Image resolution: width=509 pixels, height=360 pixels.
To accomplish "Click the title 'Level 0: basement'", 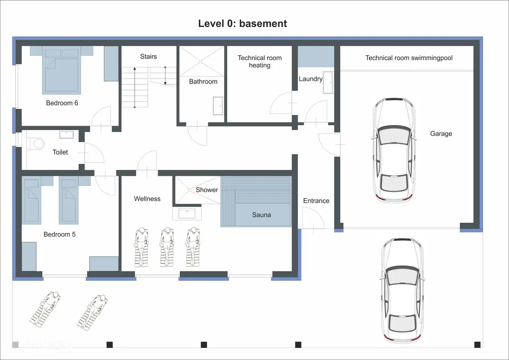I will tap(242, 24).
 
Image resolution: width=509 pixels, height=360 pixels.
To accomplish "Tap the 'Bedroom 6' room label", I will tap(62, 103).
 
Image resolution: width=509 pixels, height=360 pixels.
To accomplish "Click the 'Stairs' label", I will tap(149, 57).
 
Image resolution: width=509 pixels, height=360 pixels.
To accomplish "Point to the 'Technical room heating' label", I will tap(260, 61).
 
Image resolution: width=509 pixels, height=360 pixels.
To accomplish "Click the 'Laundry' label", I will tap(310, 79).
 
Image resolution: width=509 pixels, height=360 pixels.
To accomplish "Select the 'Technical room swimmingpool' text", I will tap(409, 58).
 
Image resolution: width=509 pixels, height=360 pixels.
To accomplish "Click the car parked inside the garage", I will tap(394, 150).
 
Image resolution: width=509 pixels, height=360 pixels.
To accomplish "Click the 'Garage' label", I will tap(441, 134).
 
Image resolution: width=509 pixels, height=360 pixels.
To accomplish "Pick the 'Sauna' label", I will tap(261, 215).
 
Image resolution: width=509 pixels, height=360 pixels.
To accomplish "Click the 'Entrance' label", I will tap(316, 201).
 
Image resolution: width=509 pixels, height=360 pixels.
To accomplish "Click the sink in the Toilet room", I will tap(67, 135).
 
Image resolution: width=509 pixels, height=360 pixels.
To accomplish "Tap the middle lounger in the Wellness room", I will tap(167, 247).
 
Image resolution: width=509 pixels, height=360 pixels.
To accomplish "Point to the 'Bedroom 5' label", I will tap(59, 234).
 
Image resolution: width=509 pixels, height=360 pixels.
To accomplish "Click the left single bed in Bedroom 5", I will tap(32, 201).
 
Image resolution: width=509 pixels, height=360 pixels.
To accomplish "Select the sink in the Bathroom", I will tap(218, 106).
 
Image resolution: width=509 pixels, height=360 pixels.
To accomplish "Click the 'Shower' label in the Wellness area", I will tap(207, 190).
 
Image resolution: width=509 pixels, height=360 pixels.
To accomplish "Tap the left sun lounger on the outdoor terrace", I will tap(45, 309).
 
